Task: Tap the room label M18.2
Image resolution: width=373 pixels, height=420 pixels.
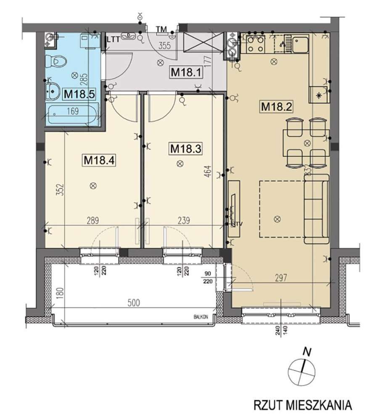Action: [x=276, y=106]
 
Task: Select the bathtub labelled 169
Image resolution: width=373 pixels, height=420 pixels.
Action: [x=74, y=113]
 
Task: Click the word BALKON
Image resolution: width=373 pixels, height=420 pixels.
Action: [x=201, y=317]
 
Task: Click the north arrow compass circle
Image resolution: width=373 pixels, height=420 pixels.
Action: [x=302, y=371]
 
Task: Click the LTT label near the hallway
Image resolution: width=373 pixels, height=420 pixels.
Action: [x=114, y=40]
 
